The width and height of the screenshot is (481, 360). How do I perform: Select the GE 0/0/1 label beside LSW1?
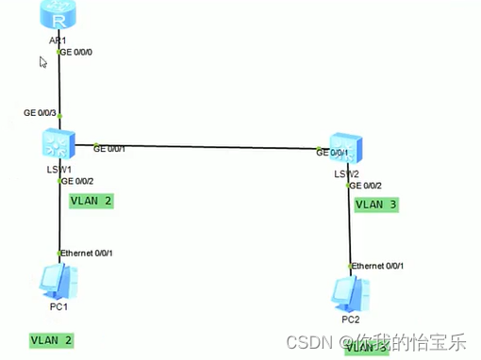[109, 148]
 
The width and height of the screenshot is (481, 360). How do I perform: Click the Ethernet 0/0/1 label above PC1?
[87, 254]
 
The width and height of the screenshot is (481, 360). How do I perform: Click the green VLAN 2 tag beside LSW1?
[91, 201]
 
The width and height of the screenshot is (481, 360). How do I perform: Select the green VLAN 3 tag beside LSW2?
[376, 204]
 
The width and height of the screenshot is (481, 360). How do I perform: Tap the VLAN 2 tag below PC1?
[51, 339]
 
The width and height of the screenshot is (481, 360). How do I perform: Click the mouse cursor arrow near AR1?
[42, 62]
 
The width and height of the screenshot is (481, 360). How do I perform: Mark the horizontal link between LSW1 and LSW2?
[207, 149]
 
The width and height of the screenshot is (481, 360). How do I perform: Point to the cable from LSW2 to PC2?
[350, 226]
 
